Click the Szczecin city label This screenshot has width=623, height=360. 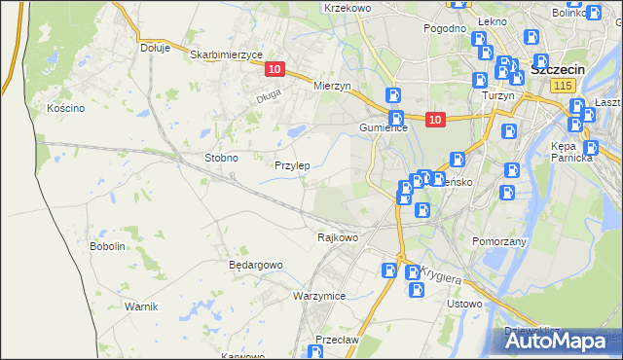coord(557,69)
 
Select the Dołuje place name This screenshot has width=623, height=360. coord(155,47)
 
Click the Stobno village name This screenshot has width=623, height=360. coord(221,157)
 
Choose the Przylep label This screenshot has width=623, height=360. coord(292,165)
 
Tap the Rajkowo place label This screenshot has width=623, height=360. coord(338,236)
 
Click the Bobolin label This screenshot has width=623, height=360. coord(108,246)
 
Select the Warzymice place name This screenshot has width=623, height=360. coord(319,295)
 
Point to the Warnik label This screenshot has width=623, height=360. coord(141,306)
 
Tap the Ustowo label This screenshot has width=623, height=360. coord(463,304)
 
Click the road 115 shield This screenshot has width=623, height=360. coord(561,87)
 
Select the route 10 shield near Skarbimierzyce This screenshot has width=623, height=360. coord(274,69)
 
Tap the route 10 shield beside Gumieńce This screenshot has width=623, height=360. coord(435,120)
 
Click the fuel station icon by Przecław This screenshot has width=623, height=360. coord(316,352)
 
